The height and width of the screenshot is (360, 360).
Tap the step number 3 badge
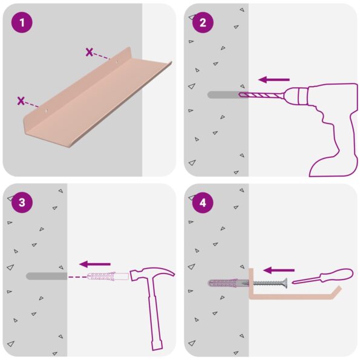(x=22, y=203)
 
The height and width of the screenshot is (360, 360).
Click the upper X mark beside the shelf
(x=90, y=53)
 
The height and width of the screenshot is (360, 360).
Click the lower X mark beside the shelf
(x=21, y=101)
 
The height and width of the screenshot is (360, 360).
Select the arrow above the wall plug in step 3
(x=95, y=264)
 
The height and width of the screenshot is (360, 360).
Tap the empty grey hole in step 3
(x=46, y=277)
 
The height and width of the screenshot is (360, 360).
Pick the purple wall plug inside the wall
(x=226, y=283)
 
